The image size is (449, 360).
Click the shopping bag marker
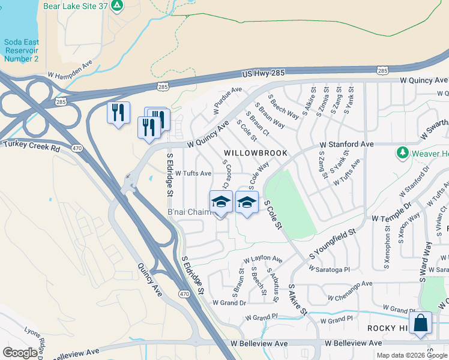421,323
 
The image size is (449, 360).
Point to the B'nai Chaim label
188,212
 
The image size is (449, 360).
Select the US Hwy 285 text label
264,73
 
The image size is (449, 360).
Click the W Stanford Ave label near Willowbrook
346,145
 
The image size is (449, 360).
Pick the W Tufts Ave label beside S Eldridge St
193,173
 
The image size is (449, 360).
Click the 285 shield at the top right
382,71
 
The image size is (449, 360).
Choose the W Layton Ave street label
262,259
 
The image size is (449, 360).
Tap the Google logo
20,353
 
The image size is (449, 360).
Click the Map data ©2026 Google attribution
411,355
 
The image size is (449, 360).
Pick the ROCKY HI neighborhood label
387,329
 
